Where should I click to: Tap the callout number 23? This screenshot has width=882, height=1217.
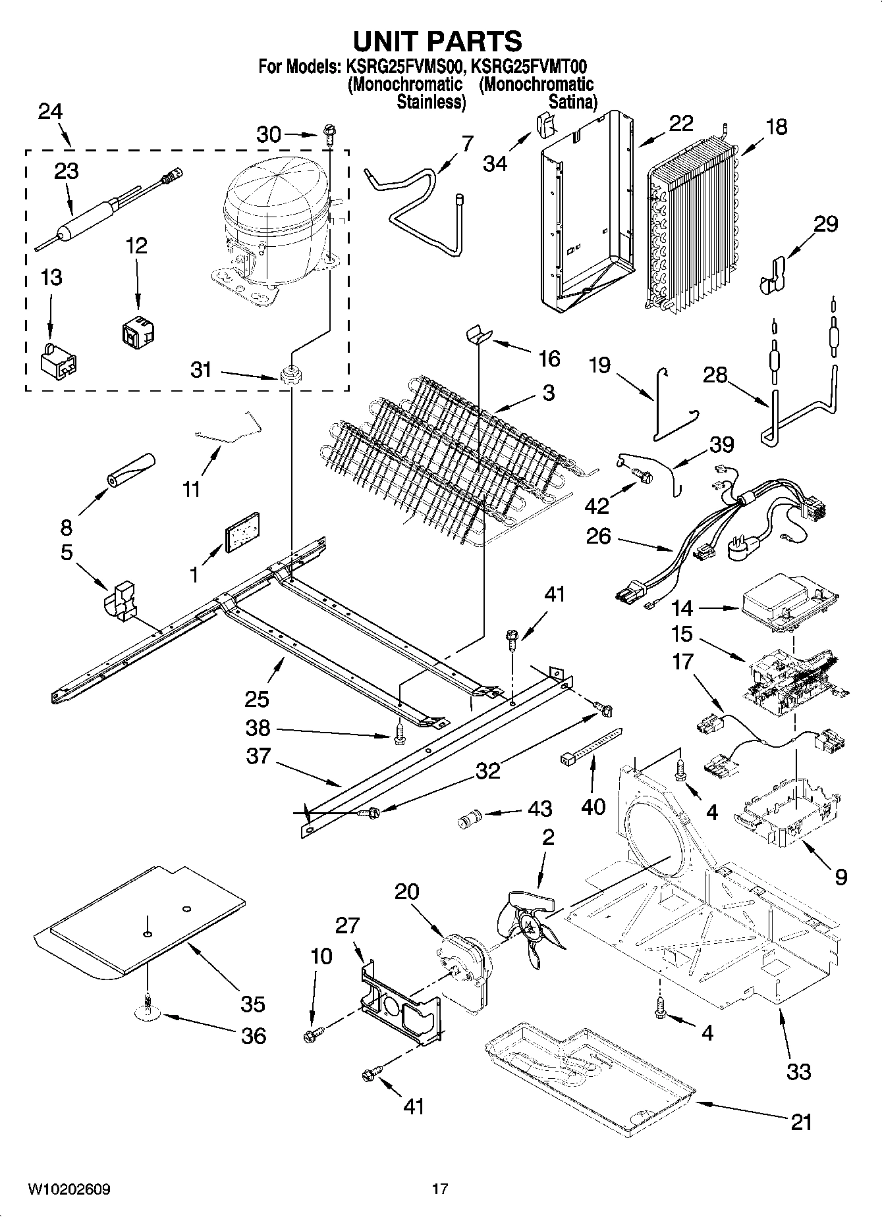[67, 171]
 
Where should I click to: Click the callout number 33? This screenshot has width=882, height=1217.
[798, 1072]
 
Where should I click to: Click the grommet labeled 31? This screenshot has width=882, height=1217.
[290, 375]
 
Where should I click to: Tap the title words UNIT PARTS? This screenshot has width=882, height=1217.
[437, 41]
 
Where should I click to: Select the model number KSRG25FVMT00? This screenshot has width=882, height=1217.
[529, 66]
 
